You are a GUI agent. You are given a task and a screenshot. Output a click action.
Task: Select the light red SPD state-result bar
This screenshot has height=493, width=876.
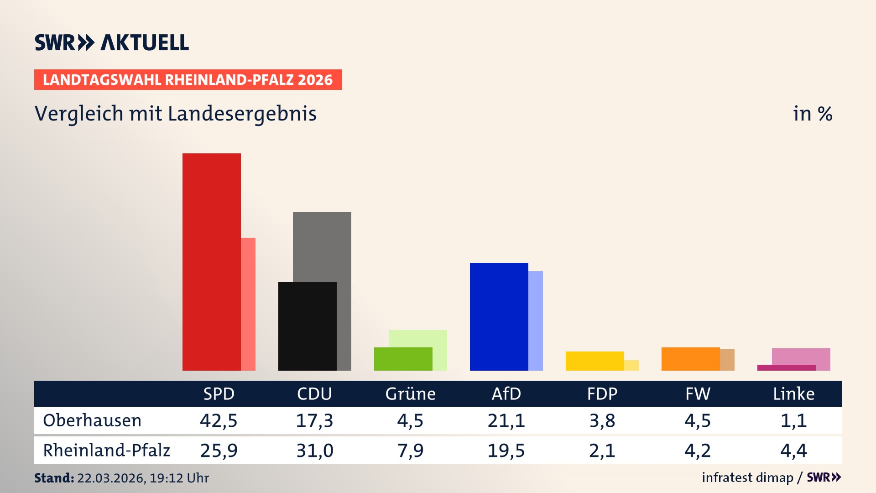tap(248, 304)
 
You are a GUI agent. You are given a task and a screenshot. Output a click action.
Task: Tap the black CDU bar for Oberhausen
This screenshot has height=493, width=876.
tap(307, 326)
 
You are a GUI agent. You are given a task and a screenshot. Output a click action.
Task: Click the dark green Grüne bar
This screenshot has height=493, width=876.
tap(403, 359)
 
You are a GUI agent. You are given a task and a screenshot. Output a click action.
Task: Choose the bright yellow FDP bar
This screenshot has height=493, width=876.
tap(594, 361)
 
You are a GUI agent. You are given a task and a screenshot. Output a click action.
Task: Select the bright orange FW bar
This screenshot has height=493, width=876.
tap(690, 359)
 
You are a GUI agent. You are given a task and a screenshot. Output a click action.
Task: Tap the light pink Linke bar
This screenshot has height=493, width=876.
tap(801, 356)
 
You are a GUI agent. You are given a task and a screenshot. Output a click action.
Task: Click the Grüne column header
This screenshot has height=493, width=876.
tap(410, 393)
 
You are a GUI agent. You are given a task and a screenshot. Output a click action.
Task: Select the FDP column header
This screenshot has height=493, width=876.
tap(602, 393)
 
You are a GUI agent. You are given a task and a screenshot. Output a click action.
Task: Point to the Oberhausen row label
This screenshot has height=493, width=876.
tap(92, 420)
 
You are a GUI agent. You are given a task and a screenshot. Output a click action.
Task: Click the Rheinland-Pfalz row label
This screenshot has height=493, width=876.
tap(106, 450)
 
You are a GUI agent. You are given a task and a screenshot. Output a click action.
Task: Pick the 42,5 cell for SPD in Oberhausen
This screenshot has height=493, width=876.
tap(219, 420)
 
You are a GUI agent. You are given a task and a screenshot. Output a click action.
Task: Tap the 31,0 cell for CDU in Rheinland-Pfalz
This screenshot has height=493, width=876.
tap(314, 451)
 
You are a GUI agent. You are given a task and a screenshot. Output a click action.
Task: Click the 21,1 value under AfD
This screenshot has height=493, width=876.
tap(506, 420)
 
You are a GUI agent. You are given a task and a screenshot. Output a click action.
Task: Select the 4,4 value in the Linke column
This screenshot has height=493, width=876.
tap(793, 451)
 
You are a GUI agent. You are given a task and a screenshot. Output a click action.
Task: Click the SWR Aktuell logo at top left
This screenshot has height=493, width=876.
tap(111, 42)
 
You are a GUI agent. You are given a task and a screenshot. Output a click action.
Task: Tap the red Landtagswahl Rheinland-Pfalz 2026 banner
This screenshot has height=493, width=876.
tap(188, 79)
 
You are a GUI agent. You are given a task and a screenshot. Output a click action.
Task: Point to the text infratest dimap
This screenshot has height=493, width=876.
tap(747, 477)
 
